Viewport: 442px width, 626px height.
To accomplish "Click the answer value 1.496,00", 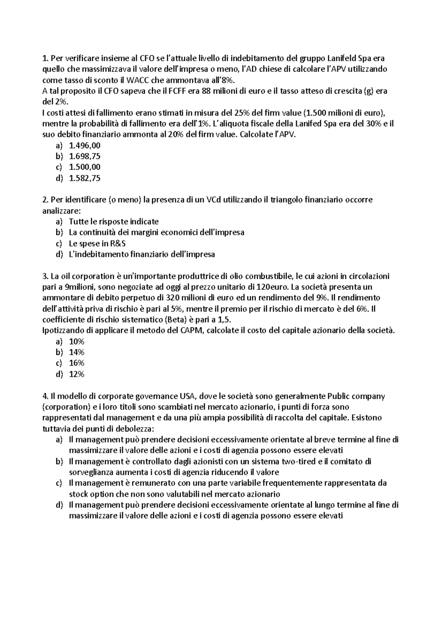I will [x=85, y=146].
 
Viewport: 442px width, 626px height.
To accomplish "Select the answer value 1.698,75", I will [x=85, y=156].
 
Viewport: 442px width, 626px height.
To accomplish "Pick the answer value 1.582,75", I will [x=85, y=178].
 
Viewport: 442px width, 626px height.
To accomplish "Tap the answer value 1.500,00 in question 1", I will [x=85, y=167].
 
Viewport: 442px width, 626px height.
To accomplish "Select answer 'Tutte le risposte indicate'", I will [x=113, y=222].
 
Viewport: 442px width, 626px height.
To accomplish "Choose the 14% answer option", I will [x=77, y=352].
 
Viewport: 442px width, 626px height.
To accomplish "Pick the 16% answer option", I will [x=77, y=363].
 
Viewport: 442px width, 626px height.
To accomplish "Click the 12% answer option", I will [x=77, y=374].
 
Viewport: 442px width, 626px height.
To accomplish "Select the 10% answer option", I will [x=77, y=341].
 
